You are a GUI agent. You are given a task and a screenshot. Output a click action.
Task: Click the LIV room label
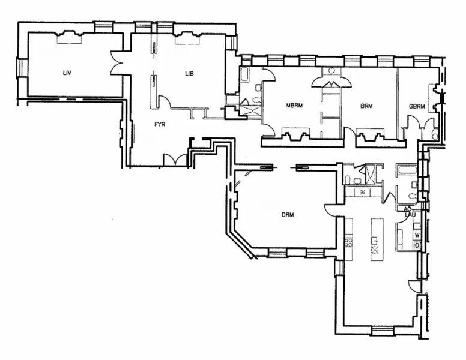click(x=67, y=73)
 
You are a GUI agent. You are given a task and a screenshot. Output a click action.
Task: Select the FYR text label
click(x=159, y=125)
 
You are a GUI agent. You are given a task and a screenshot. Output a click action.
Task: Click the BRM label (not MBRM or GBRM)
click(x=366, y=106)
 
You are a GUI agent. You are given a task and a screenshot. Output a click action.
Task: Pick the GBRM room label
click(x=416, y=106)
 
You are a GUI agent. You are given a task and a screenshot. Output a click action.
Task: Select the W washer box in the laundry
click(x=417, y=234)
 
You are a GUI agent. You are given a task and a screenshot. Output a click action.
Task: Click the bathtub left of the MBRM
click(x=246, y=76)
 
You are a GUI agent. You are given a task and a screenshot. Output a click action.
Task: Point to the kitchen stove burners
click(x=348, y=241)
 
